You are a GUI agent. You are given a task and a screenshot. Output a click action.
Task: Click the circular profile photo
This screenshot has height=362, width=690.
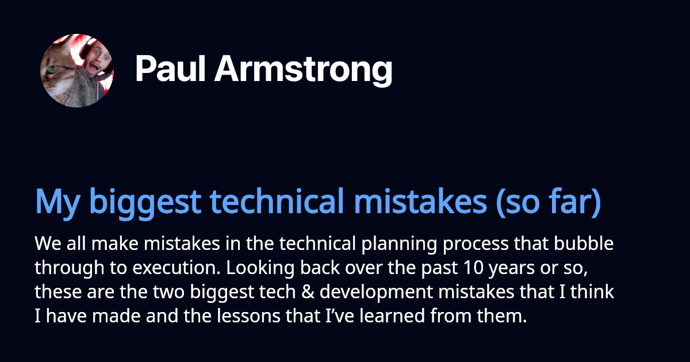(x=77, y=71)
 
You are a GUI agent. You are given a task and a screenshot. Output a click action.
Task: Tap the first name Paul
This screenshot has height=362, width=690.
(x=170, y=71)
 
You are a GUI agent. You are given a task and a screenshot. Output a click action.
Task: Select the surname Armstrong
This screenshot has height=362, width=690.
(x=303, y=71)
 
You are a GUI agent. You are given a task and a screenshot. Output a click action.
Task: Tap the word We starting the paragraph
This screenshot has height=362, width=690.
(x=46, y=244)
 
